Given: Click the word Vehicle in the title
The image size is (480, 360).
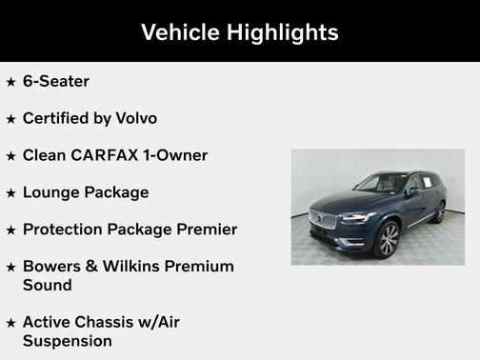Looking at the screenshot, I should [179, 32].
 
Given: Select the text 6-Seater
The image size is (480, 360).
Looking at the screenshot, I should [56, 82].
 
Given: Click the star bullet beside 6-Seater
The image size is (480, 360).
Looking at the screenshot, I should [11, 82].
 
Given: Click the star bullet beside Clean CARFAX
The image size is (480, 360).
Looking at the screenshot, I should [11, 156].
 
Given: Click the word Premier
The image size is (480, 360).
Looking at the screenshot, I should [206, 230].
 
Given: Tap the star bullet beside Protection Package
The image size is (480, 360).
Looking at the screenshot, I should [11, 230].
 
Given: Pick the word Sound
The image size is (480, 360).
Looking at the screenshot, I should [48, 284].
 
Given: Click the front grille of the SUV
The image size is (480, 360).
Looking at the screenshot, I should [323, 219].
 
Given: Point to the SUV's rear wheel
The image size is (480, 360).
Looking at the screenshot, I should [440, 213].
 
